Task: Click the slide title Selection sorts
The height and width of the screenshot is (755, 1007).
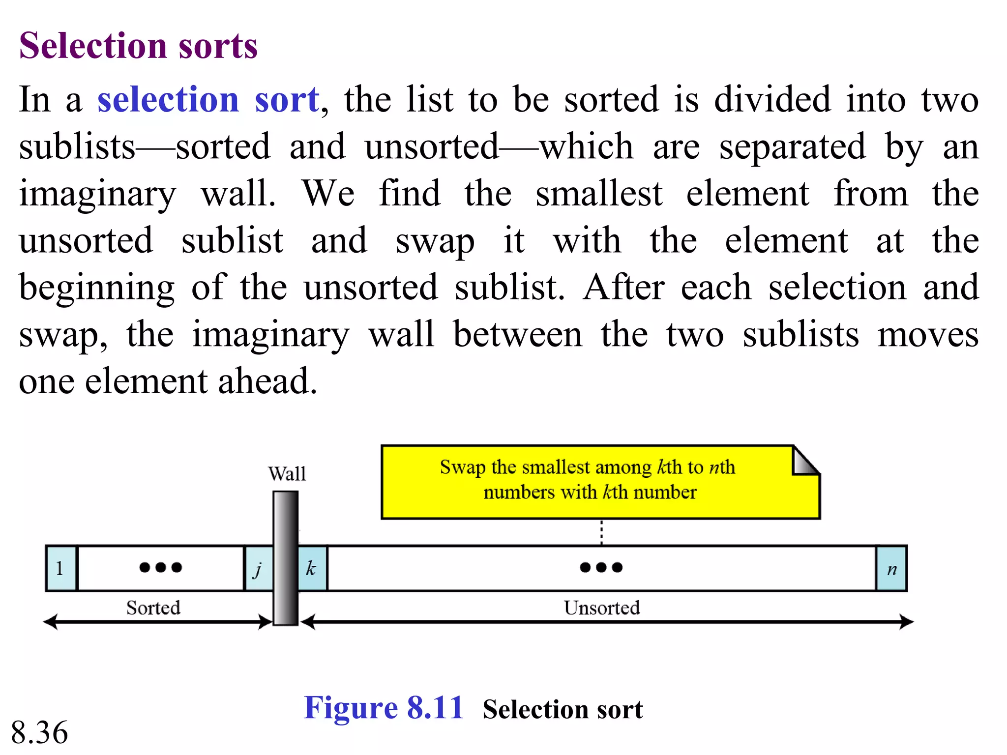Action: point(138,45)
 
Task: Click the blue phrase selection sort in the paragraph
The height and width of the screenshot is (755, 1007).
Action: point(208,100)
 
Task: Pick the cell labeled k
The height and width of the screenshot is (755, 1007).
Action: point(312,569)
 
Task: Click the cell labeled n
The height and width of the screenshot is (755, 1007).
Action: point(891,569)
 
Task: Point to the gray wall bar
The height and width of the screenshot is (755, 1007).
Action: point(286,558)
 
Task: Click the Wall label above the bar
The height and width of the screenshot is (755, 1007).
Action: point(287,474)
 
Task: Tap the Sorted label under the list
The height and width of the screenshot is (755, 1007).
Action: point(153,608)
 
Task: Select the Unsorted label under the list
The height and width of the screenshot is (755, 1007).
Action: point(602,608)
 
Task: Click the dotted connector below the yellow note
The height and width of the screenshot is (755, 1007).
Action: point(601,532)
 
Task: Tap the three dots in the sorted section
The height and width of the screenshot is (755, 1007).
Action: point(161,568)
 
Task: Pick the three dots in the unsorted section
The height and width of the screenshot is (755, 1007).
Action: point(601,568)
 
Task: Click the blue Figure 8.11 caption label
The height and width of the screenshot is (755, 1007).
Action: point(384,708)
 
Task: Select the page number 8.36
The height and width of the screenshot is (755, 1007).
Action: point(39,732)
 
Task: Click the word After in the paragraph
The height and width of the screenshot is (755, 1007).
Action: point(624,288)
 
